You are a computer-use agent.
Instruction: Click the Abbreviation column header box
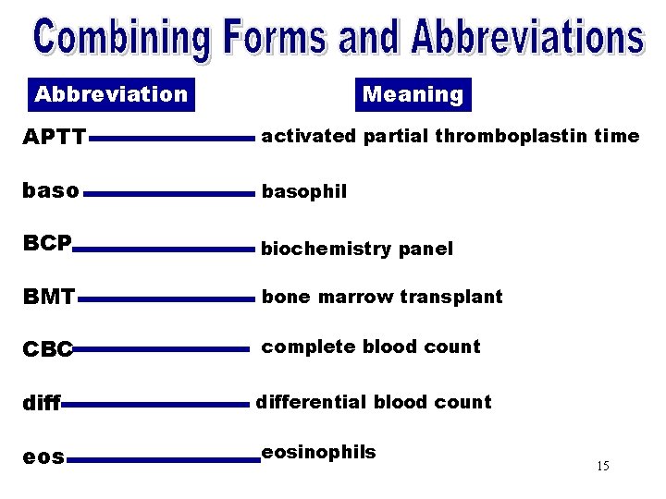pyautogui.click(x=110, y=94)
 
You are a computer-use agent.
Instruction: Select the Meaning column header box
pyautogui.click(x=413, y=94)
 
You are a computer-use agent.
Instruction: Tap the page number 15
pyautogui.click(x=603, y=466)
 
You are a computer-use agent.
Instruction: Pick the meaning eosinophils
pyautogui.click(x=318, y=452)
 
